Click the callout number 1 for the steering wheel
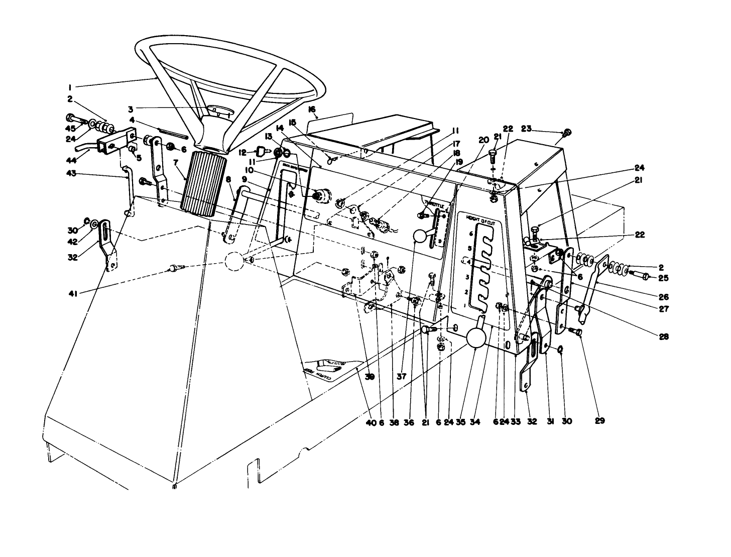(x=70, y=86)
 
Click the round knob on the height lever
(x=476, y=338)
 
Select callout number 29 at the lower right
(x=599, y=420)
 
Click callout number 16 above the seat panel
(x=312, y=109)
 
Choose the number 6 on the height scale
(x=470, y=234)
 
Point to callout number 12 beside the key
(x=242, y=152)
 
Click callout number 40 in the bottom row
(x=371, y=422)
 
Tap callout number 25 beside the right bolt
(x=664, y=277)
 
